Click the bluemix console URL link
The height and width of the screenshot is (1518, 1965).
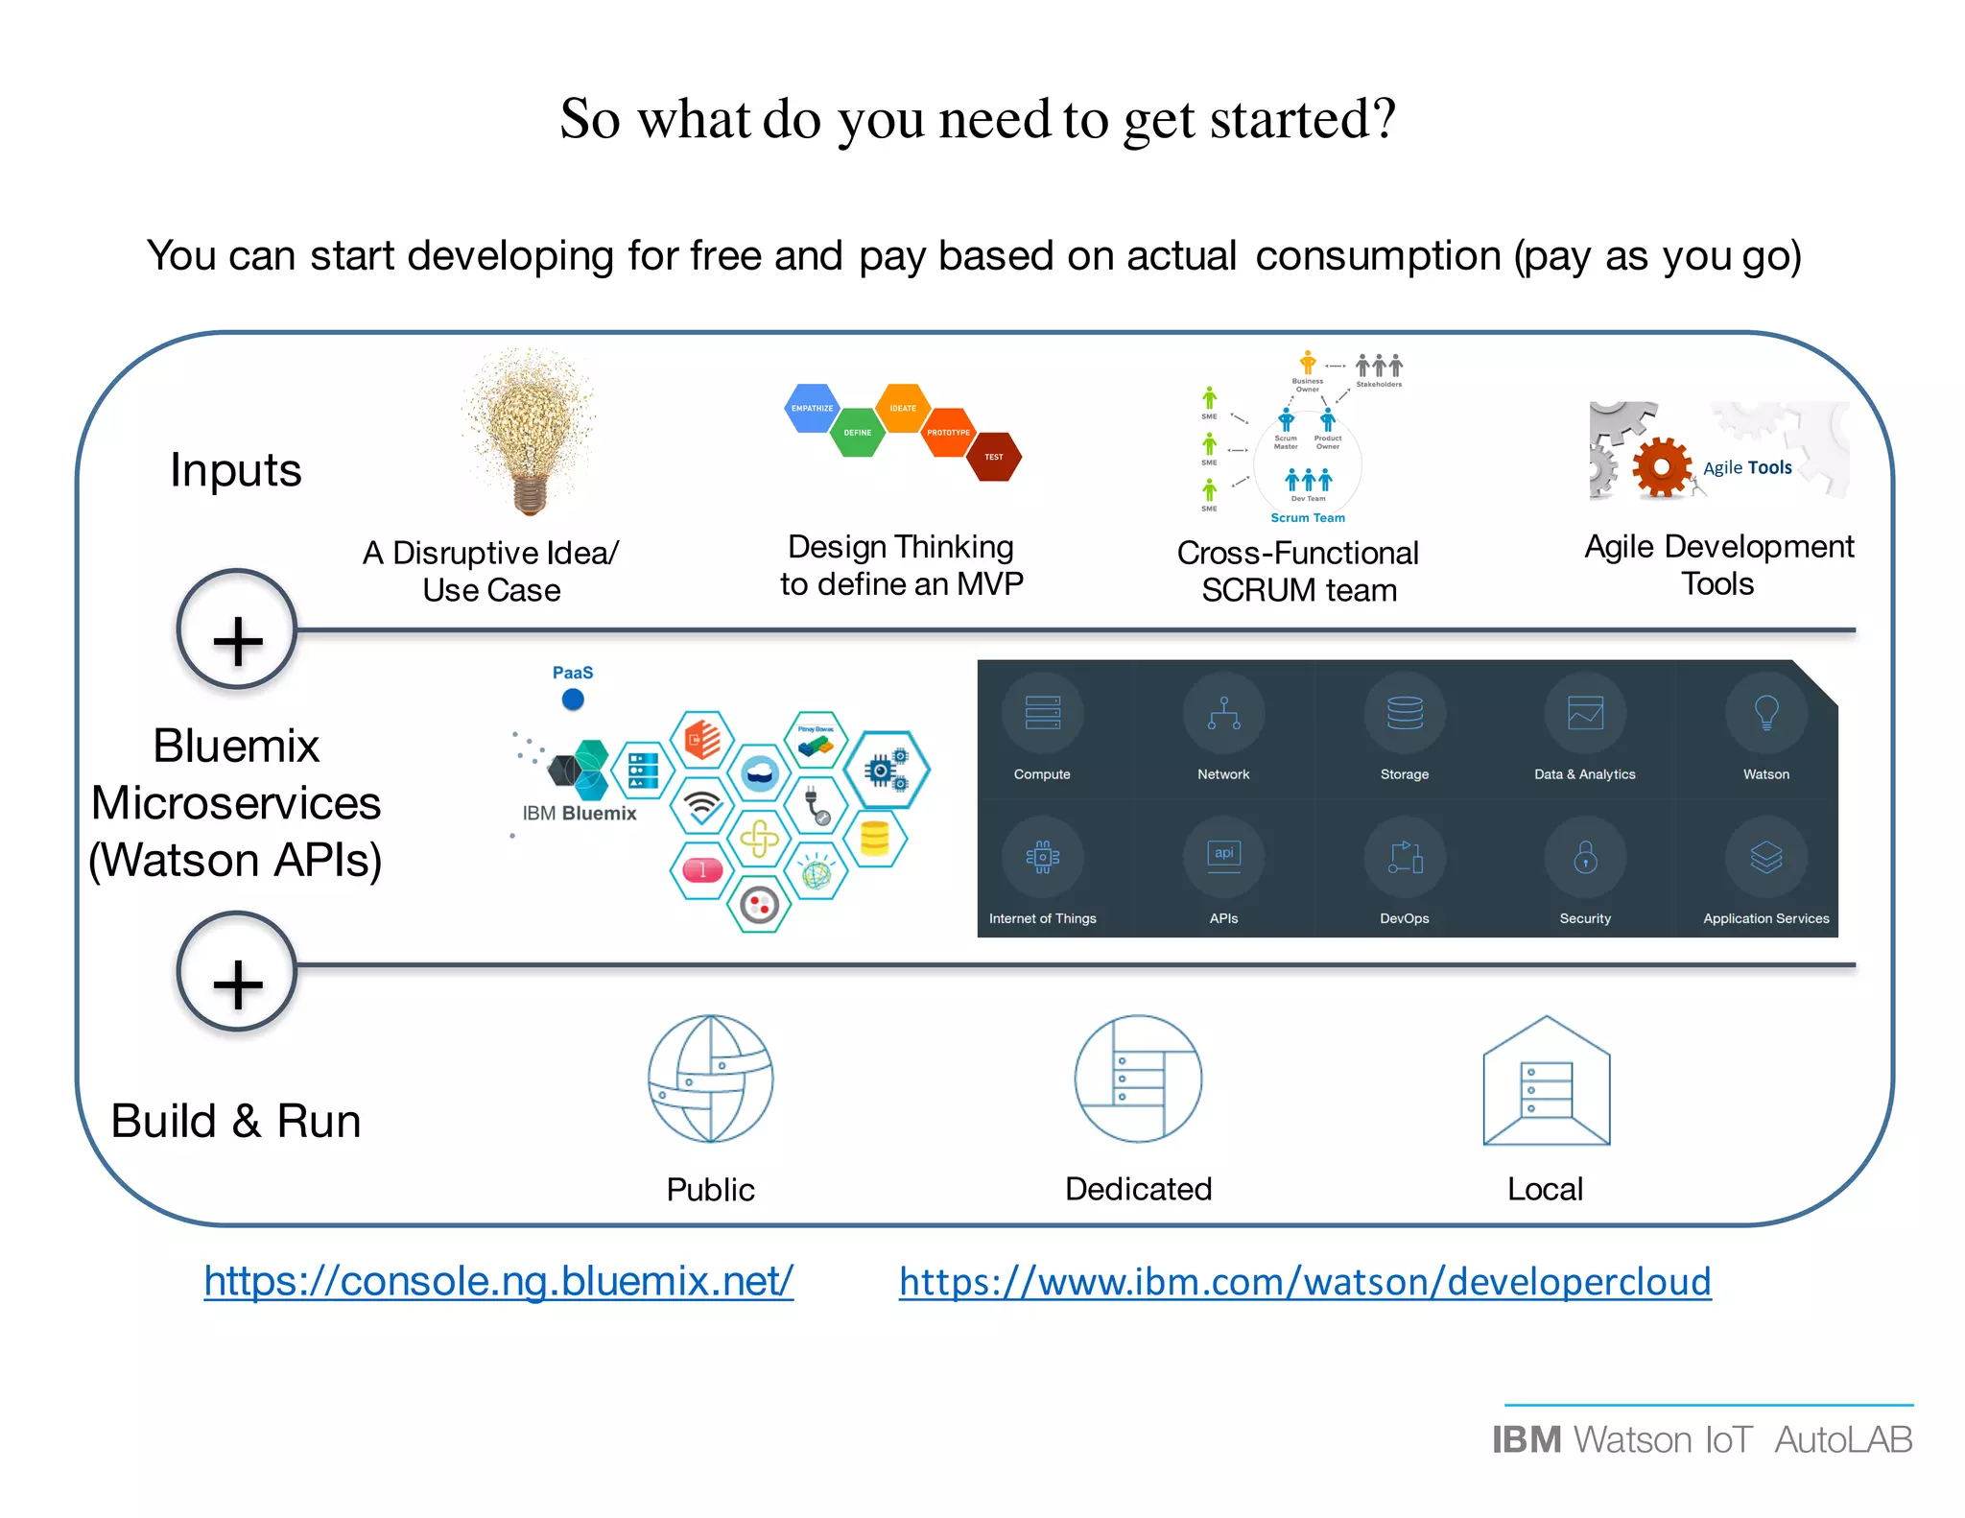498,1281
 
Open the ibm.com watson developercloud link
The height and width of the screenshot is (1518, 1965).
1305,1282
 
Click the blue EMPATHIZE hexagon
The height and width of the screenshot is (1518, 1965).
812,408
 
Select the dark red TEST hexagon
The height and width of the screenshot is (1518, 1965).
994,457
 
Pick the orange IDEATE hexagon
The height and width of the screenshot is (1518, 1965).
903,408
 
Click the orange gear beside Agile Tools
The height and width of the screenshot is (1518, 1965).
1662,467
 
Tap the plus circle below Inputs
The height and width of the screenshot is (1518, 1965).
237,630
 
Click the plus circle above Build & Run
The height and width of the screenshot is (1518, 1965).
237,972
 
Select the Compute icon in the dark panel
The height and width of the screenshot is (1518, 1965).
1043,713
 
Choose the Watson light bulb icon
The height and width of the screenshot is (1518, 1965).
1766,713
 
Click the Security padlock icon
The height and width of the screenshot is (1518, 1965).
1585,857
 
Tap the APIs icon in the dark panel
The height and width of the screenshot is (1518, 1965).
1223,855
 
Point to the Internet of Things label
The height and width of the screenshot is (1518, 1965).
1043,918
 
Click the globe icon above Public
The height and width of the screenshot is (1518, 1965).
710,1079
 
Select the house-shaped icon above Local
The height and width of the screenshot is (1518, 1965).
1546,1081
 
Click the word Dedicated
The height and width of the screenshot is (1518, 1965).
1138,1189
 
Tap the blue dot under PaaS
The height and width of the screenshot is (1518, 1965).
573,700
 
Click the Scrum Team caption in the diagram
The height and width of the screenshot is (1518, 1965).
1308,518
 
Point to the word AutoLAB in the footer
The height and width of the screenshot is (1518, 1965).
1843,1439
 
